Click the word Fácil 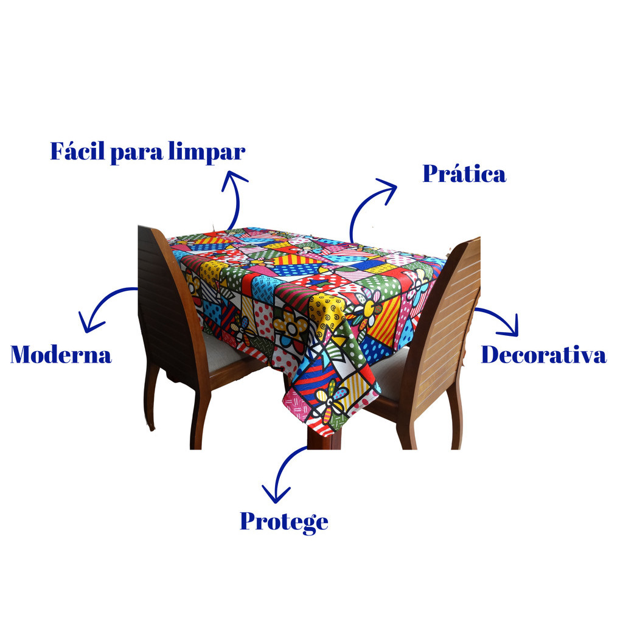coord(78,151)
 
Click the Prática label coord(464,173)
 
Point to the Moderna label coord(61,354)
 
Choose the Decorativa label coord(543,354)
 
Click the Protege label coord(284,522)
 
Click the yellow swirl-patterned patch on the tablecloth coord(327,312)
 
